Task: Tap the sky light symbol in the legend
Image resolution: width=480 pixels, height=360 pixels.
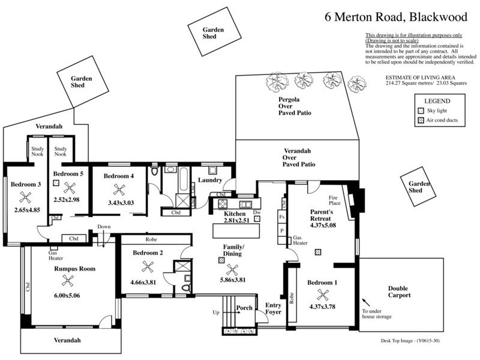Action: pos(420,112)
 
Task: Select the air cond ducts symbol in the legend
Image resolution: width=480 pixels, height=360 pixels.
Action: pos(420,121)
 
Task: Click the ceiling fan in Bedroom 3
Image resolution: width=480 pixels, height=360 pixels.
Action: pos(25,196)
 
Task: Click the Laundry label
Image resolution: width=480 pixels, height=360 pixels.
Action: pos(211,180)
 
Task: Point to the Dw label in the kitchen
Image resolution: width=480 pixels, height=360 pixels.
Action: pos(257,213)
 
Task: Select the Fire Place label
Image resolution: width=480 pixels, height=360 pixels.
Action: pos(334,201)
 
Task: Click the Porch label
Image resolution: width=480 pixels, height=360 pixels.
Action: pos(244,308)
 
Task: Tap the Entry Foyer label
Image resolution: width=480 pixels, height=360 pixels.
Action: pos(273,308)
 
